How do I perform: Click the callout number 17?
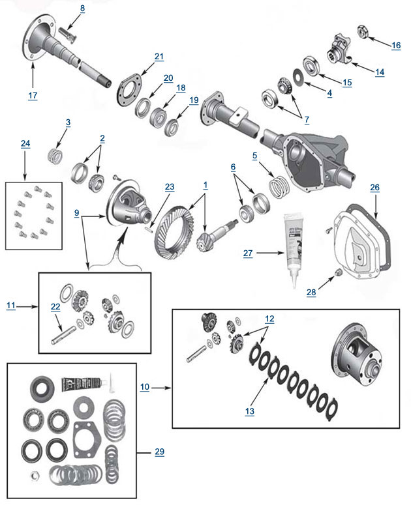[33, 95]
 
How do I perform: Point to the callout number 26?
[375, 188]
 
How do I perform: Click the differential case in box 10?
[359, 356]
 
